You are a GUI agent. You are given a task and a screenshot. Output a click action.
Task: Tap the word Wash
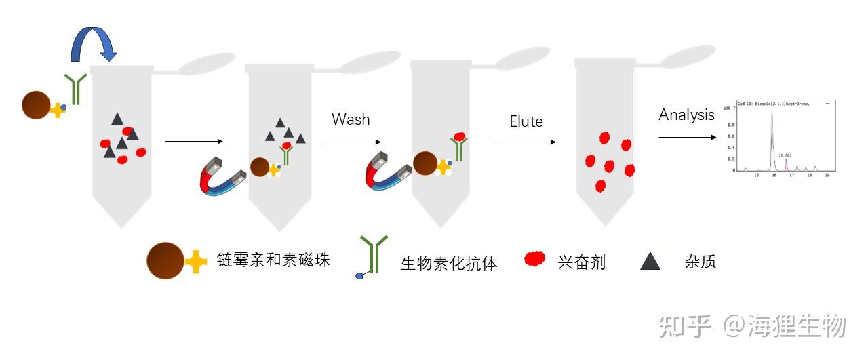351,119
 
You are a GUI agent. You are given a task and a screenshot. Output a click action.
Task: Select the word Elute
526,122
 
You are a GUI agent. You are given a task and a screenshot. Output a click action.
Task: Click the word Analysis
686,115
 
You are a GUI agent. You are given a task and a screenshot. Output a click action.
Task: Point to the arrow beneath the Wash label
351,142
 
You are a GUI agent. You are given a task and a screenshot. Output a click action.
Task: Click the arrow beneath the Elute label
527,142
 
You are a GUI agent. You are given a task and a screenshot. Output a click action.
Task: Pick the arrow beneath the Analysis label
687,137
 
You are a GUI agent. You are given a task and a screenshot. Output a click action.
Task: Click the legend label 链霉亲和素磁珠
273,260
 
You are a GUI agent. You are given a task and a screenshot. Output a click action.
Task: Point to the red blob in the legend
535,259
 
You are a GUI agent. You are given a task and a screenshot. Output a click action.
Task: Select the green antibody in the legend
373,252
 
